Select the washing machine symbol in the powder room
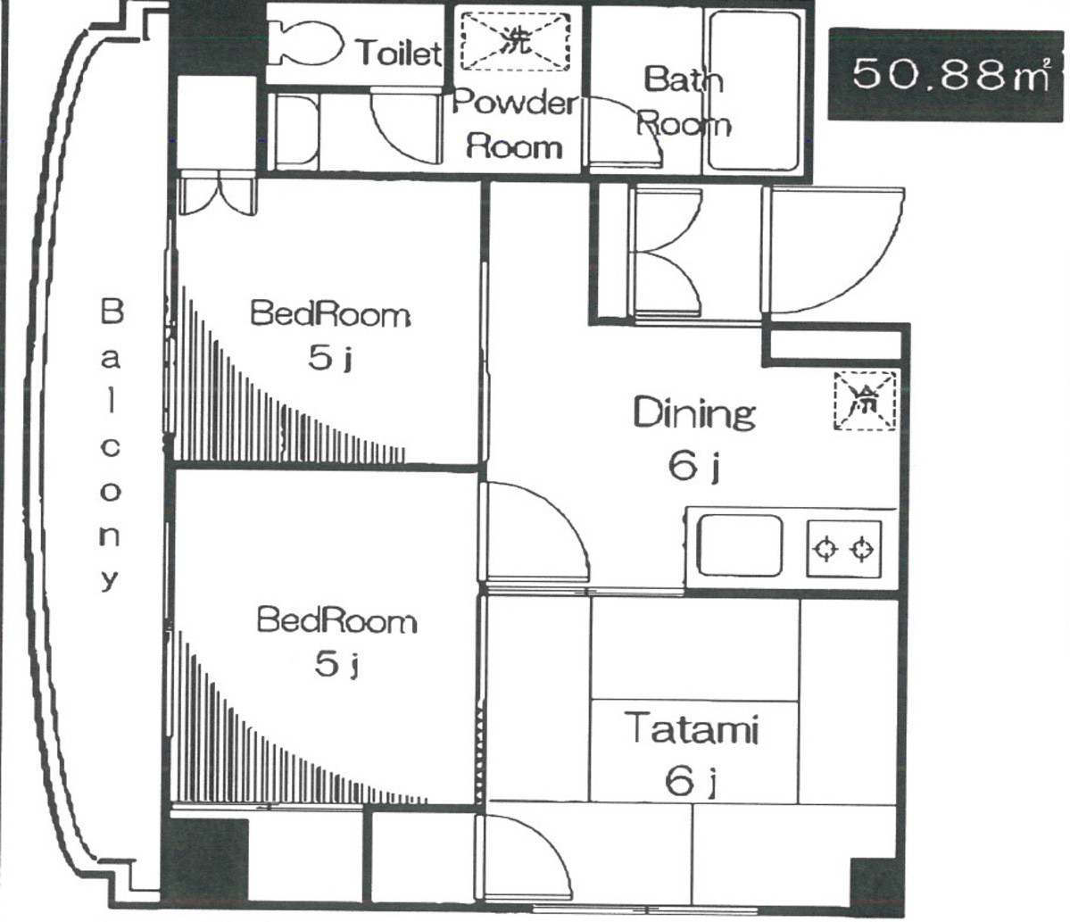[x=515, y=41]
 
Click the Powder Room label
[x=515, y=124]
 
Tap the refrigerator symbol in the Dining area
[x=865, y=402]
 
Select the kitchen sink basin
[x=740, y=545]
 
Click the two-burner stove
[x=844, y=550]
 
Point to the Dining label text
[x=694, y=413]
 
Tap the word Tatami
[x=692, y=728]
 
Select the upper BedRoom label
[x=330, y=314]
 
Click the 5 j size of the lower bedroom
[x=337, y=663]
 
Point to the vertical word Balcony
[x=112, y=444]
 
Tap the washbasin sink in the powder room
[x=297, y=131]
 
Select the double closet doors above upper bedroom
[x=217, y=196]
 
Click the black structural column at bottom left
[x=204, y=860]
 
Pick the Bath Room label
[x=684, y=101]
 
